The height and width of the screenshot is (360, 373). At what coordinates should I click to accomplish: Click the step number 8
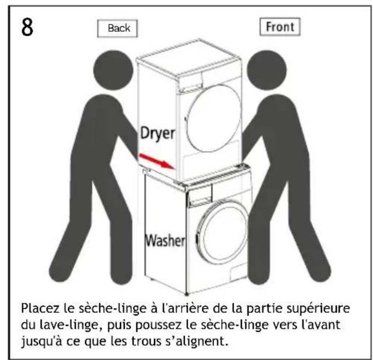coord(27,27)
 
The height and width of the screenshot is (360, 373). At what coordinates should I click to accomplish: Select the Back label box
coord(117,28)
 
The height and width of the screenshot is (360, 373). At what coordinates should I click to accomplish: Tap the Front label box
coord(280,27)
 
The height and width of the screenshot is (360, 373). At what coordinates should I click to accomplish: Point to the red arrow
coord(157,162)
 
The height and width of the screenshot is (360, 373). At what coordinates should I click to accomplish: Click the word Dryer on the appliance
coord(157,134)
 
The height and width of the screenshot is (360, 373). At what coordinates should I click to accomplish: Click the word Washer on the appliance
coord(165,241)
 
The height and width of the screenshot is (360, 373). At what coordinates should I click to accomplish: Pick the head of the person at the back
coord(113,70)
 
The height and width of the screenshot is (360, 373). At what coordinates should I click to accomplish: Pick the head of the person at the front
coord(267,70)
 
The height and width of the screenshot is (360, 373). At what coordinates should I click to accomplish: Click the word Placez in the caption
coord(40,308)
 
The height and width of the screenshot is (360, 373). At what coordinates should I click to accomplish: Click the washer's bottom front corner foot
coord(187,294)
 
